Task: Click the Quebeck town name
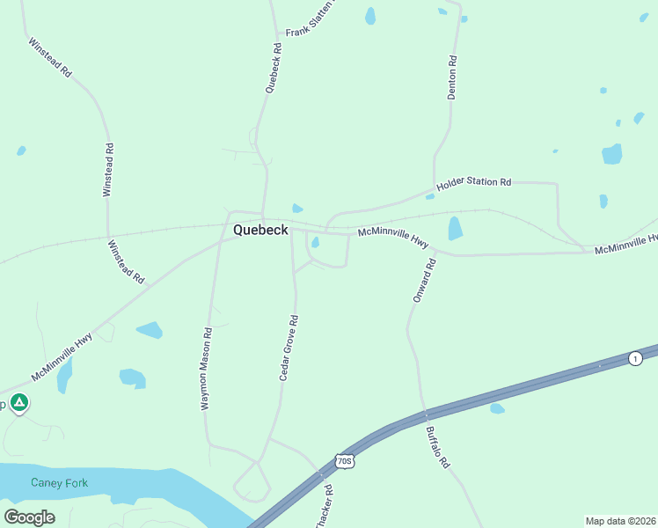(260, 230)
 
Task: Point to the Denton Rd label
(452, 77)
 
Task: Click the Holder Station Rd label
(473, 182)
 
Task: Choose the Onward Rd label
(424, 281)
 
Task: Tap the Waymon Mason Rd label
(207, 370)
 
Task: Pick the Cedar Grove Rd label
(289, 348)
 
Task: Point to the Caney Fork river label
(59, 482)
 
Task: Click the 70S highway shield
(344, 461)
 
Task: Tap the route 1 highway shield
(634, 358)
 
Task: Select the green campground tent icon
(19, 403)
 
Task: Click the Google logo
(29, 517)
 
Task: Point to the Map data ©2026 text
(620, 520)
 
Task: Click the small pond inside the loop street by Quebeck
(314, 243)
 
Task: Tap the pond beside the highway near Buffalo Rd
(497, 408)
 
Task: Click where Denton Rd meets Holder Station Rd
(435, 188)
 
